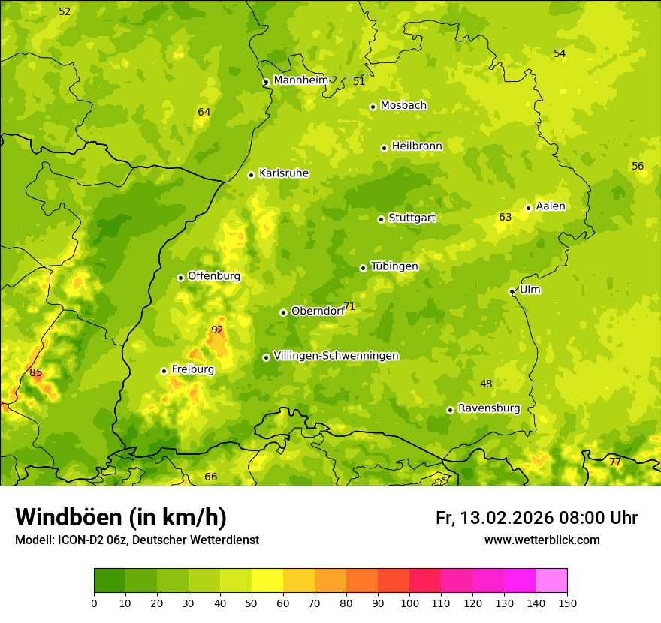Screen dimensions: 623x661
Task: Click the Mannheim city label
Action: click(300, 80)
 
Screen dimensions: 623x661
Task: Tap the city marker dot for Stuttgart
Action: click(381, 219)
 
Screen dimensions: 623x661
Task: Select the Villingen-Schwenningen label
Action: click(336, 356)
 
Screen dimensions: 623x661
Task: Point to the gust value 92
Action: click(217, 330)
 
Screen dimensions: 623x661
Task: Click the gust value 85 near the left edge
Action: click(35, 372)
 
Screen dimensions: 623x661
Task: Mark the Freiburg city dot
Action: click(164, 371)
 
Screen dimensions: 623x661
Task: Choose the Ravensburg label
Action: click(489, 408)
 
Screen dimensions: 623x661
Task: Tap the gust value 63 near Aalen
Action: click(505, 218)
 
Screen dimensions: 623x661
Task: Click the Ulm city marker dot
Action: click(512, 291)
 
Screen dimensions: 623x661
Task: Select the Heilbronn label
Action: click(417, 146)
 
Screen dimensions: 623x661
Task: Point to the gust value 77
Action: click(614, 462)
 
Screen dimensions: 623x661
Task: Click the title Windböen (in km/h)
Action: click(121, 517)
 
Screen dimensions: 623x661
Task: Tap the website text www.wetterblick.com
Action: click(542, 540)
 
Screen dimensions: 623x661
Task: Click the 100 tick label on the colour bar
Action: click(409, 603)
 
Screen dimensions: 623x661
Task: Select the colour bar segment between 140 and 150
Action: click(551, 581)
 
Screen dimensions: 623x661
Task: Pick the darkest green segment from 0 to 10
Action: click(110, 581)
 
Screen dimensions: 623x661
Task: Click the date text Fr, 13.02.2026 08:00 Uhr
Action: click(536, 518)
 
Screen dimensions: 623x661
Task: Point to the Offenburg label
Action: click(214, 276)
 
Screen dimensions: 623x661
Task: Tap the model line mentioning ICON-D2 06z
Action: click(137, 540)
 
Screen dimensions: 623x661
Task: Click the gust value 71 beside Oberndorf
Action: click(349, 306)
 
